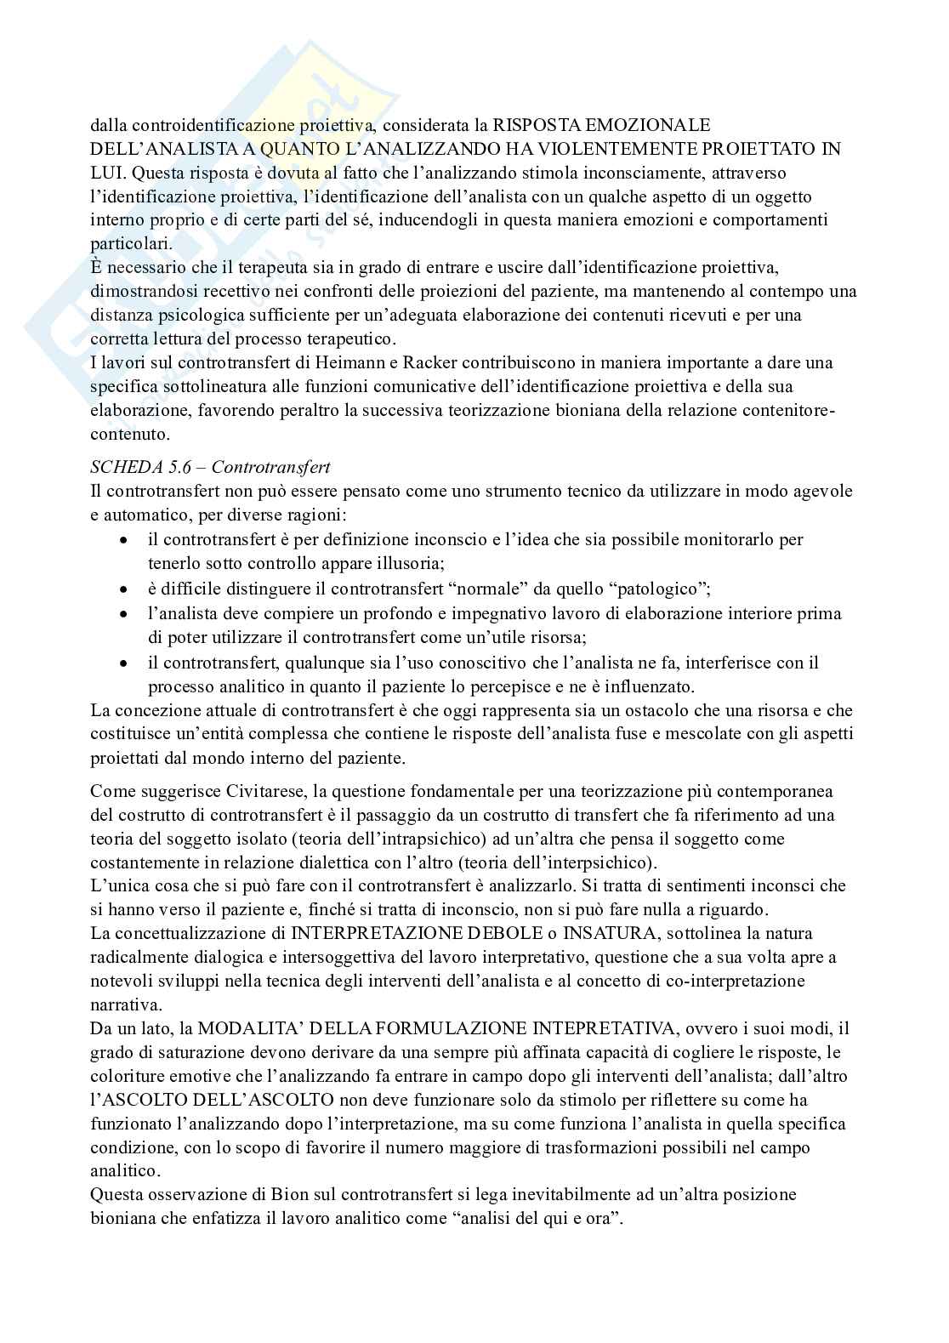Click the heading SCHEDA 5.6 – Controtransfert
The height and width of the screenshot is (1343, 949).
tap(210, 467)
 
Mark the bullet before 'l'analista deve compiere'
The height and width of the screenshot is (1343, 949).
tap(125, 613)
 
